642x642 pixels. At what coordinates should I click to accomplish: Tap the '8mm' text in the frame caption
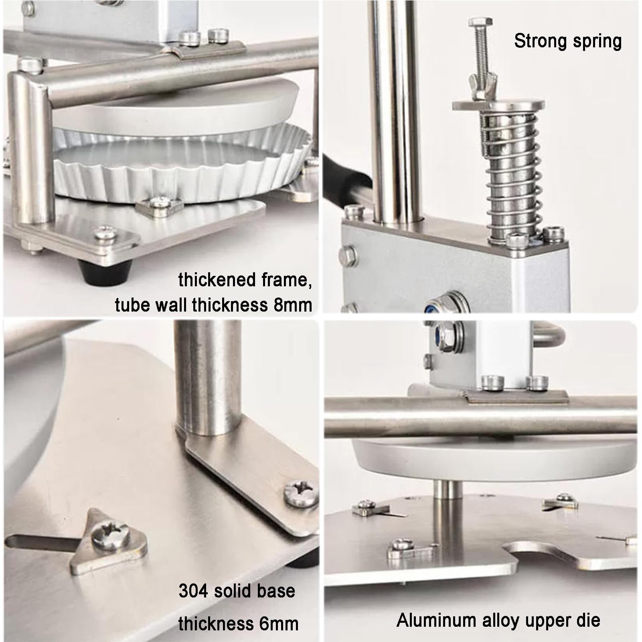[x=293, y=305]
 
